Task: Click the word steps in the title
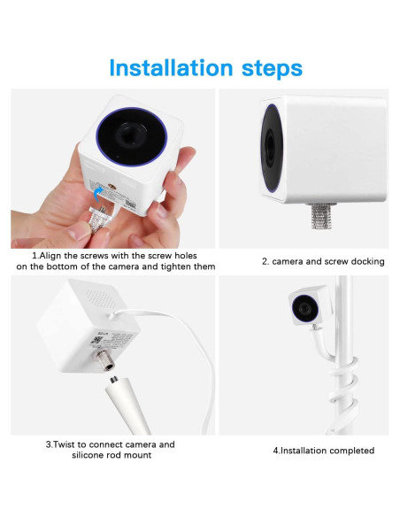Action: (x=271, y=68)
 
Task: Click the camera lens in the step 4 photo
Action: (x=304, y=307)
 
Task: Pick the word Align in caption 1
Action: (x=45, y=255)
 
